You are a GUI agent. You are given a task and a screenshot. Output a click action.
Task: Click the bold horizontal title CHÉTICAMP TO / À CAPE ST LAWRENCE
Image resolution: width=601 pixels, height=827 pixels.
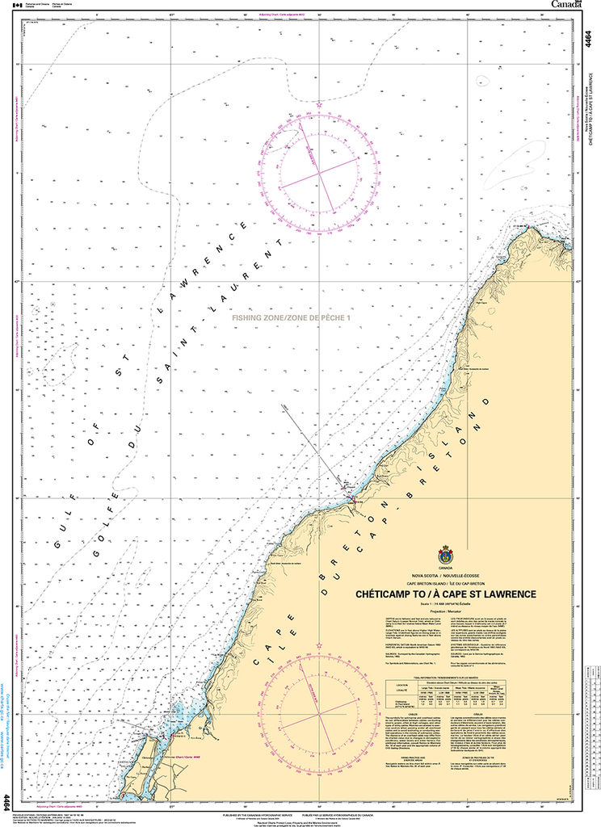[x=446, y=594]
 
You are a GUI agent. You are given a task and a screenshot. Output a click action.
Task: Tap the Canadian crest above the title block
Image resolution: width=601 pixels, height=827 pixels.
[x=446, y=556]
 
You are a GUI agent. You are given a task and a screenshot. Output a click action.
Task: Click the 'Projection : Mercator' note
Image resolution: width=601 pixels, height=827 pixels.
[x=446, y=611]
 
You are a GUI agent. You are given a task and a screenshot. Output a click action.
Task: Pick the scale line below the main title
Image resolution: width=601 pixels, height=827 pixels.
[x=446, y=604]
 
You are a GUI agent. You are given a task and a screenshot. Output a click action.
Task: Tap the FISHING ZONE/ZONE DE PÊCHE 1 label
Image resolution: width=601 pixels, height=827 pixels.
[x=292, y=319]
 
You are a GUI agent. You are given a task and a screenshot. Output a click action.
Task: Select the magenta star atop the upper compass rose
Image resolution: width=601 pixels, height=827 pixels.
[x=321, y=105]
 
